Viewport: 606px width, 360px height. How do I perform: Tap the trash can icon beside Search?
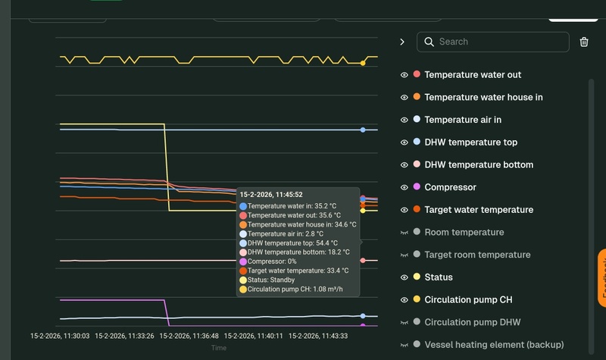point(584,42)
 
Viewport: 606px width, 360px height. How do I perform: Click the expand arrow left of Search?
point(402,42)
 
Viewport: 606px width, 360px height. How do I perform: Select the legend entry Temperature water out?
point(473,75)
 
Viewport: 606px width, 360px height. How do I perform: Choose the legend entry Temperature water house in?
point(483,97)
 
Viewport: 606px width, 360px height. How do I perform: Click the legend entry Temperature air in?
point(463,120)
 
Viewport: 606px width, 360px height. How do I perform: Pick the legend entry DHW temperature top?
point(470,142)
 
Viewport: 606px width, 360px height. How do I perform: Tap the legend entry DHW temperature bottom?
point(479,164)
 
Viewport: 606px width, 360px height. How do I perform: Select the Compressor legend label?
point(450,187)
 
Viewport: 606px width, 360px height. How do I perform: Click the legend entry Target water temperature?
point(479,210)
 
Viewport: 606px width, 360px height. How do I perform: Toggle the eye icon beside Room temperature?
point(405,233)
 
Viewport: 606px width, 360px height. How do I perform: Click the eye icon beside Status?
point(405,277)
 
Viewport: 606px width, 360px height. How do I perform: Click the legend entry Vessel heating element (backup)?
point(494,345)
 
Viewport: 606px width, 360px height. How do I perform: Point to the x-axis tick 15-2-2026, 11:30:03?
point(60,336)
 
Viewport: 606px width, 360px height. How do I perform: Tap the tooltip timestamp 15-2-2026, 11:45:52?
point(271,195)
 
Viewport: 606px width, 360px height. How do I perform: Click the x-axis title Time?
point(218,348)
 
